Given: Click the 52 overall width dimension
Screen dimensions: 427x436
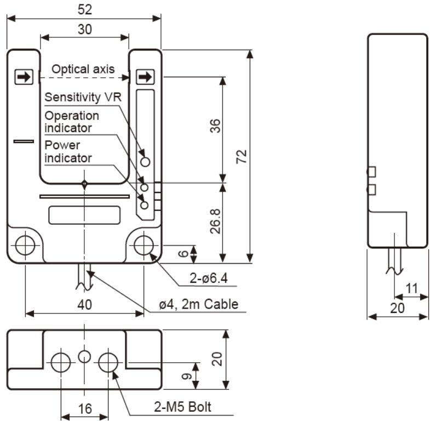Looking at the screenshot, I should (84, 9).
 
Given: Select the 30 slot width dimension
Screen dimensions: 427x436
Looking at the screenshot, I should (84, 30).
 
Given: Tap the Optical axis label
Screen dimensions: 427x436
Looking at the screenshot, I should (83, 69).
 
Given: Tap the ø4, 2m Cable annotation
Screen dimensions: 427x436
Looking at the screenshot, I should (199, 304).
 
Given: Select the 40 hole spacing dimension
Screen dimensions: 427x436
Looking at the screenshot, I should (84, 305).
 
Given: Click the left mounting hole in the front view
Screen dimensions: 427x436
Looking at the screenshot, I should (25, 245).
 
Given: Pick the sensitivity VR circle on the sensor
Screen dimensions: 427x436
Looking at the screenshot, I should (145, 162).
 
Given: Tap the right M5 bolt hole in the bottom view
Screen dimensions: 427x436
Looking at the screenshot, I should (108, 361).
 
